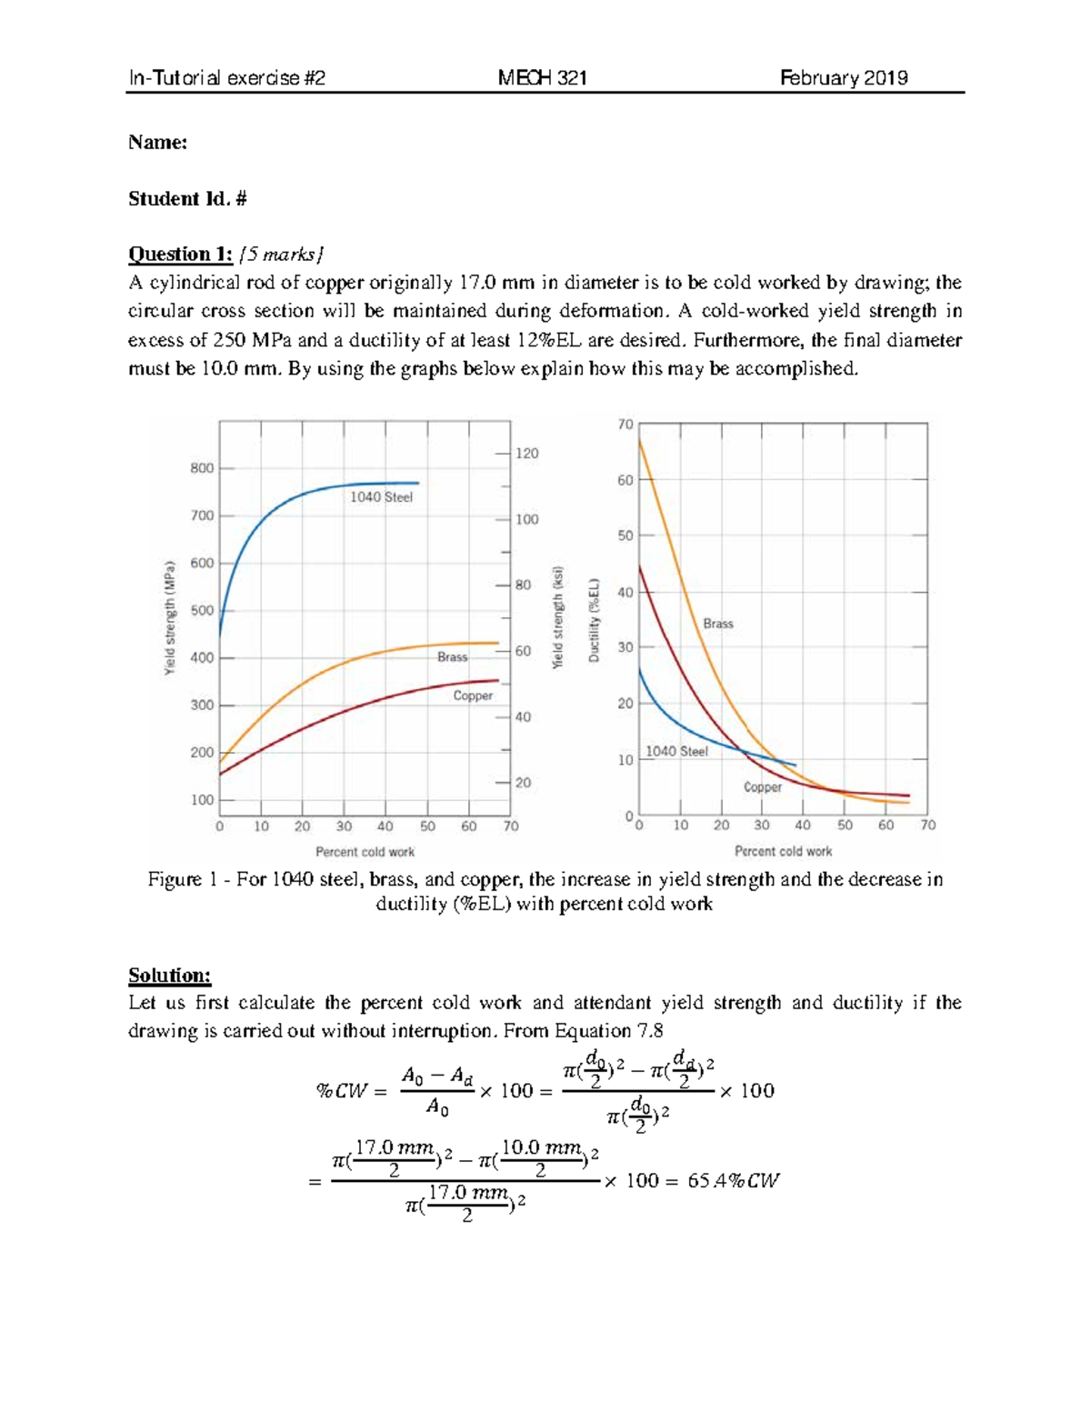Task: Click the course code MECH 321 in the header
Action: (x=542, y=78)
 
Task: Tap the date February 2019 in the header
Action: (x=844, y=78)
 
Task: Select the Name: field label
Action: (x=157, y=143)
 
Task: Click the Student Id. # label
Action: (x=187, y=199)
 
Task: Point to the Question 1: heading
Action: (x=180, y=254)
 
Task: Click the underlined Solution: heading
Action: (x=169, y=976)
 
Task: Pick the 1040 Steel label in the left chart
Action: (x=381, y=497)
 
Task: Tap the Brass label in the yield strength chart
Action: (x=452, y=657)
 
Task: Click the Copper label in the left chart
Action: (x=473, y=696)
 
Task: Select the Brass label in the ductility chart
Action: (x=717, y=624)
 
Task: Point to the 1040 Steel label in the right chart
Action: (x=676, y=752)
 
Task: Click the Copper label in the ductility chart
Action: (x=762, y=787)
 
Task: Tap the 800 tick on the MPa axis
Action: (x=202, y=468)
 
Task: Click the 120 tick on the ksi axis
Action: (x=527, y=454)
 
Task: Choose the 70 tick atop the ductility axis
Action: (x=626, y=425)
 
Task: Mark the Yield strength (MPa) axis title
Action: (x=169, y=618)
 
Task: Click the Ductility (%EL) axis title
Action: (x=594, y=620)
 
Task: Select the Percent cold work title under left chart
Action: (x=365, y=852)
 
